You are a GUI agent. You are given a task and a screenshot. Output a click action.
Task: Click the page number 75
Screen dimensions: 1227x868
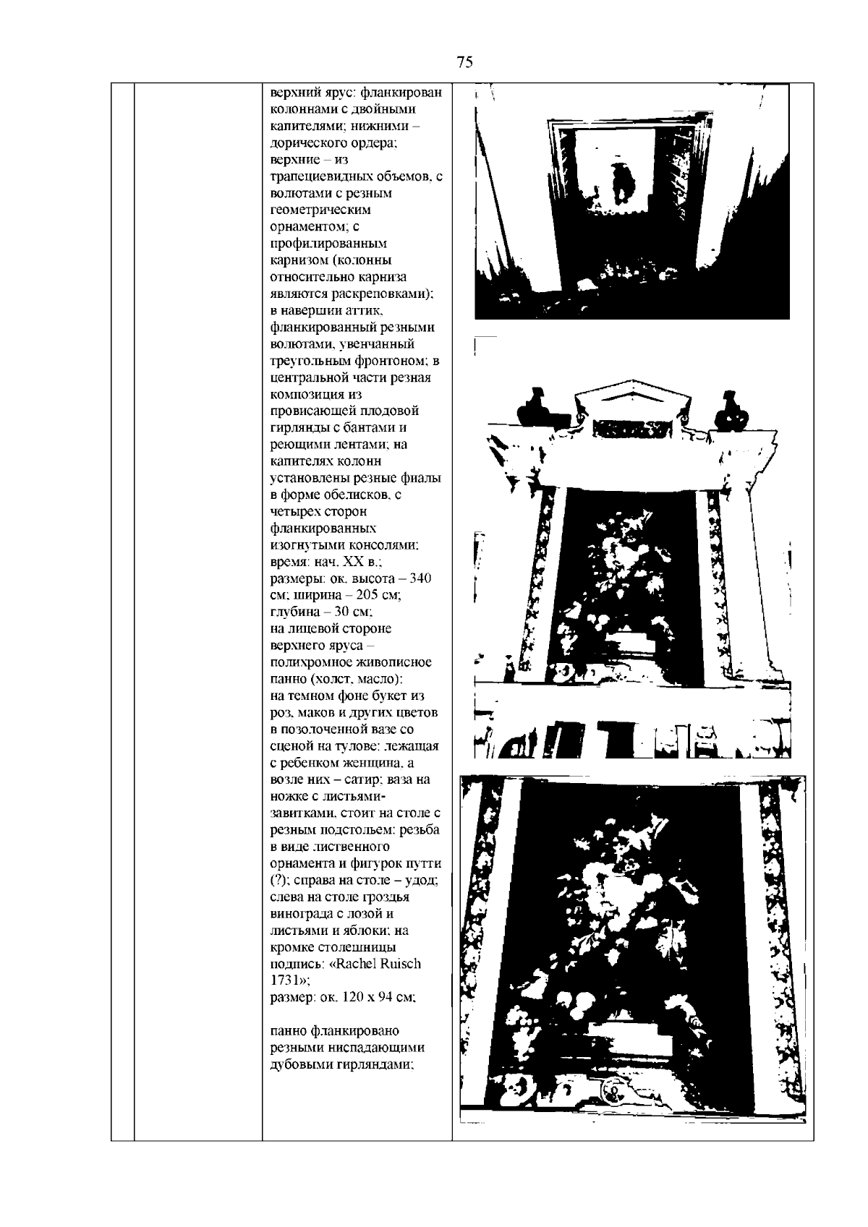(x=465, y=62)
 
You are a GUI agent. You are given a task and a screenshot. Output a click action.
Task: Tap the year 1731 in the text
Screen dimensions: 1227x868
(x=284, y=980)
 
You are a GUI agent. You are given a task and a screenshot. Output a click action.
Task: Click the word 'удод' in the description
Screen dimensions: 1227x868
(x=420, y=880)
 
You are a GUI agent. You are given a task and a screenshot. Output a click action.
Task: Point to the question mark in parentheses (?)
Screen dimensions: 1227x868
(x=277, y=880)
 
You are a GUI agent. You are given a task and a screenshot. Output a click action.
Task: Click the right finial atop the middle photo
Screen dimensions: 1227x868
(x=728, y=412)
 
